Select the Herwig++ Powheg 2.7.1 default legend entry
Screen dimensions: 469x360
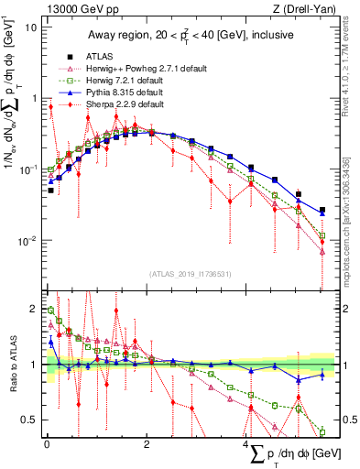pos(132,68)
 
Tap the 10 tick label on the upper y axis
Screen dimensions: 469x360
pos(30,27)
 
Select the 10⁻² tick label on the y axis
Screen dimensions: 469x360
pos(26,241)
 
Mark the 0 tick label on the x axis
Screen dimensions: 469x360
pos(47,443)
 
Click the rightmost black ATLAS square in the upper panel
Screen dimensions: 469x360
pos(322,210)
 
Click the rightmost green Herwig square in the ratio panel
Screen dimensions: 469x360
pos(322,431)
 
